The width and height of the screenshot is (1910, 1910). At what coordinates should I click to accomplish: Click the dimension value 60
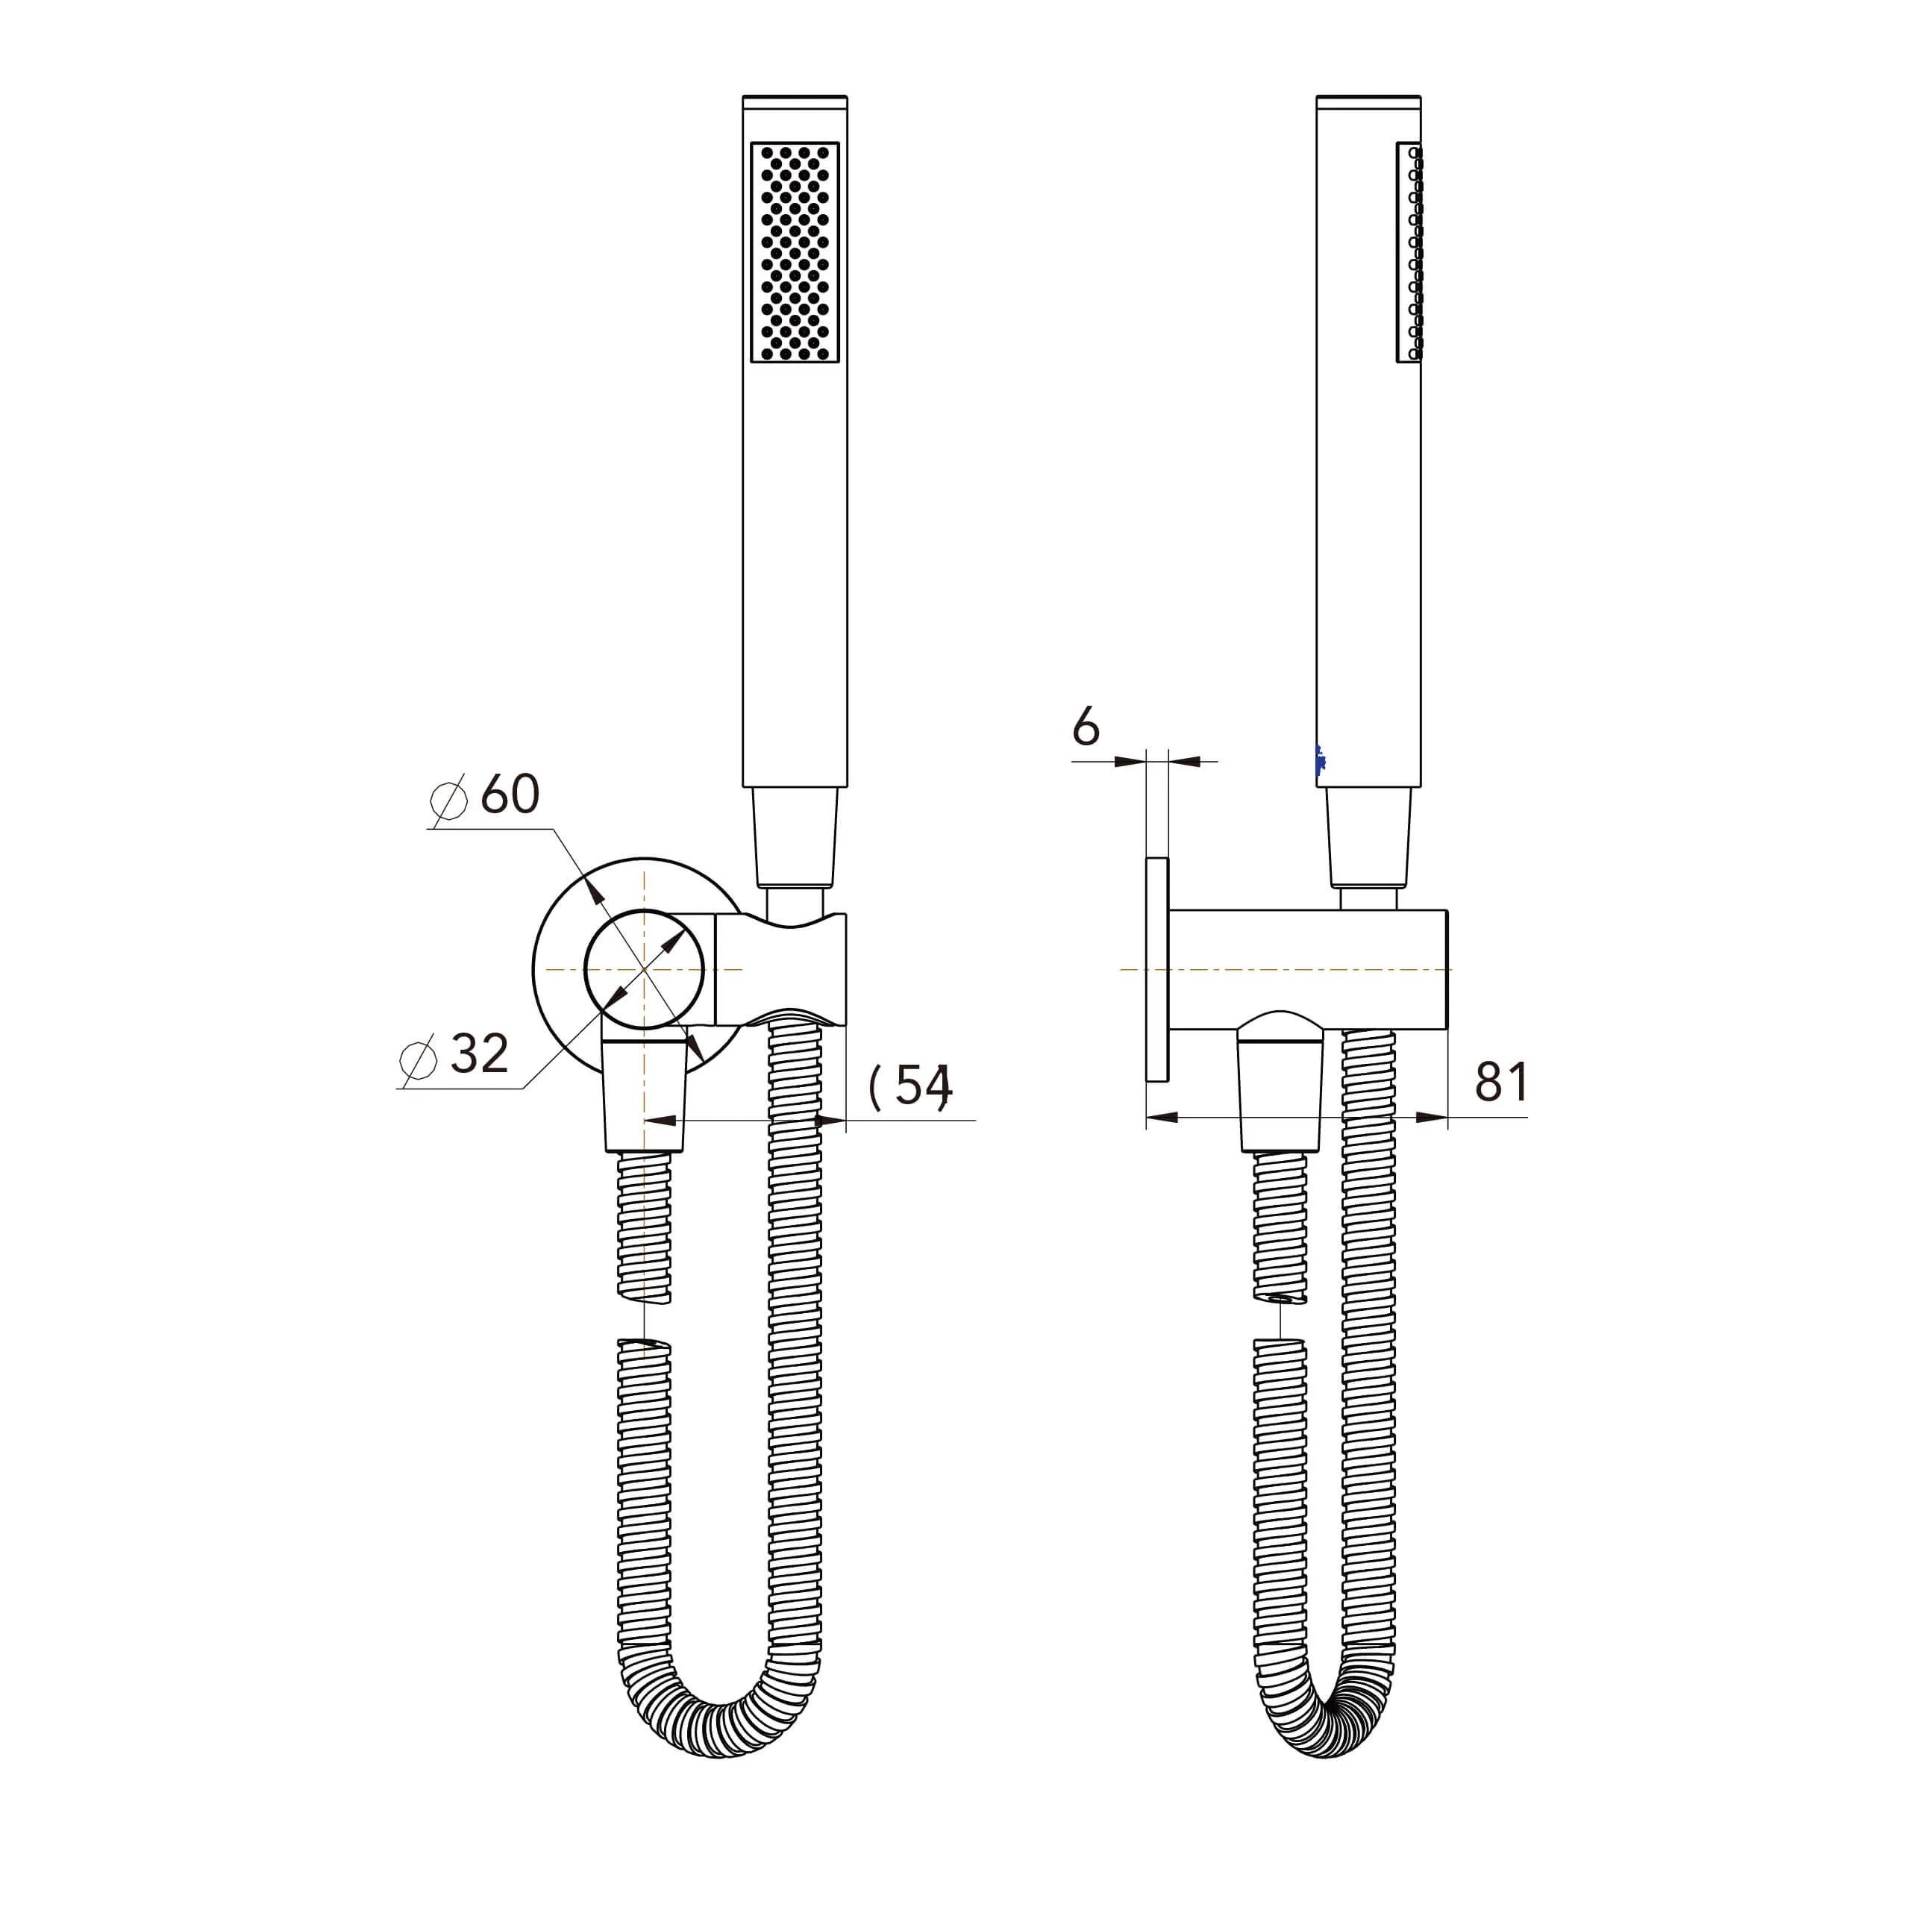point(510,795)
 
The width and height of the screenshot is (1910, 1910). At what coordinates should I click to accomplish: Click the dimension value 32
point(480,1054)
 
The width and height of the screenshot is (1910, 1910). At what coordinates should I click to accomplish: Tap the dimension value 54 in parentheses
point(910,1086)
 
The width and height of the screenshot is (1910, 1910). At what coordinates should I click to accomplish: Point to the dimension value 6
point(1086,729)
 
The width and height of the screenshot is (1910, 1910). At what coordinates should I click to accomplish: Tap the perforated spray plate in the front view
point(795,252)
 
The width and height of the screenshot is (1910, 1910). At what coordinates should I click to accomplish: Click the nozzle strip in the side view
point(1410,252)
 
